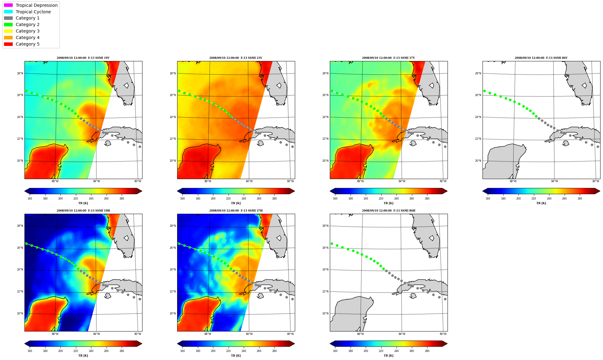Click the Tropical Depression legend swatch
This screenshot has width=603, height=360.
point(8,5)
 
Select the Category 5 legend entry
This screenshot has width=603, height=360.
point(22,44)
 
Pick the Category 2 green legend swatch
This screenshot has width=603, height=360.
point(8,24)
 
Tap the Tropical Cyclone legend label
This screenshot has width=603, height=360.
point(33,12)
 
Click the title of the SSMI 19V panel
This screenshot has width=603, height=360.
point(83,58)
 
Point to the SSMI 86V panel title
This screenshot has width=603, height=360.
point(541,58)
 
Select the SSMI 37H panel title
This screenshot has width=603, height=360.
point(236,211)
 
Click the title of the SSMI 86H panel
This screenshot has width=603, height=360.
point(388,211)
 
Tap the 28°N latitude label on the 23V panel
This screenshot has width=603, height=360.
point(173,73)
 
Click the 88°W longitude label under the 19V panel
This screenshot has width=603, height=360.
point(55,181)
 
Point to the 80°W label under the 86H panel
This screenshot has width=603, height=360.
point(443,334)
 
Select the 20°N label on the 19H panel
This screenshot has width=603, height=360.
point(20,314)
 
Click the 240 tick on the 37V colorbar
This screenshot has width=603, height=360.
point(396,199)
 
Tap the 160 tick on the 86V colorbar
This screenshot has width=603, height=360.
point(488,199)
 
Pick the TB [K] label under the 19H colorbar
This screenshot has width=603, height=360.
point(83,356)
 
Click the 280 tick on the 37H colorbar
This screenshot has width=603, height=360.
point(274,351)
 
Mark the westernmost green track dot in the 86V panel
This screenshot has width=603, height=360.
point(484,91)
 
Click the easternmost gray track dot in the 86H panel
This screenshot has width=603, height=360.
point(445,299)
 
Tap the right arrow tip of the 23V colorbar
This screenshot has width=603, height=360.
point(295,191)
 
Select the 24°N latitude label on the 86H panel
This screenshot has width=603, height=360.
point(325,270)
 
